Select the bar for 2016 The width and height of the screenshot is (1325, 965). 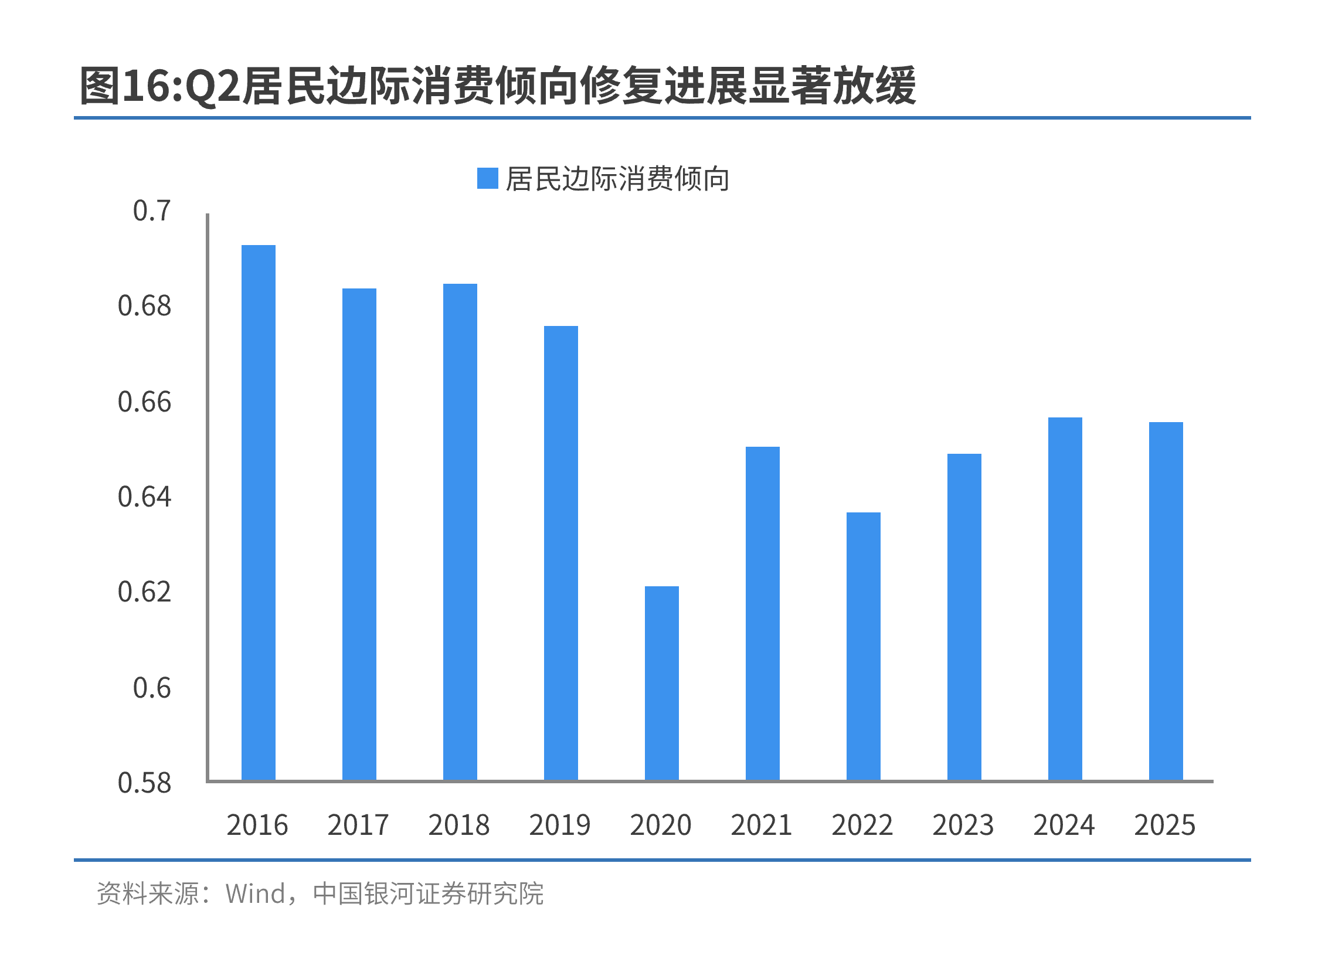pos(259,512)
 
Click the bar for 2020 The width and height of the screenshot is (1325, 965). pos(662,683)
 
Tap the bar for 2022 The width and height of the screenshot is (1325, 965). pos(864,646)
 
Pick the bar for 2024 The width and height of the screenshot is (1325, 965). pos(1065,599)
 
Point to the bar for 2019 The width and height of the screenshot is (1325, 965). pos(561,553)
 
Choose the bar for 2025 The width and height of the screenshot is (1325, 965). pos(1166,601)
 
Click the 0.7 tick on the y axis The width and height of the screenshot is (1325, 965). pos(152,211)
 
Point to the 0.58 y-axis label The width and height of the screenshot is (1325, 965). pos(144,783)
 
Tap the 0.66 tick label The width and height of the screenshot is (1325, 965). pos(144,402)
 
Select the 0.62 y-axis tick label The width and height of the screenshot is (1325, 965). pos(144,592)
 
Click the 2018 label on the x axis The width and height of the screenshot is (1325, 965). pos(458,825)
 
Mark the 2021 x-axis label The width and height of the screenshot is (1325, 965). pos(761,825)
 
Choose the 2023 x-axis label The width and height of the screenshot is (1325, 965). pos(963,825)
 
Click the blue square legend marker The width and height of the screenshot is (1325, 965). pos(488,179)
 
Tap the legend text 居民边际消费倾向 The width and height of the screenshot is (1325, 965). pos(617,179)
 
